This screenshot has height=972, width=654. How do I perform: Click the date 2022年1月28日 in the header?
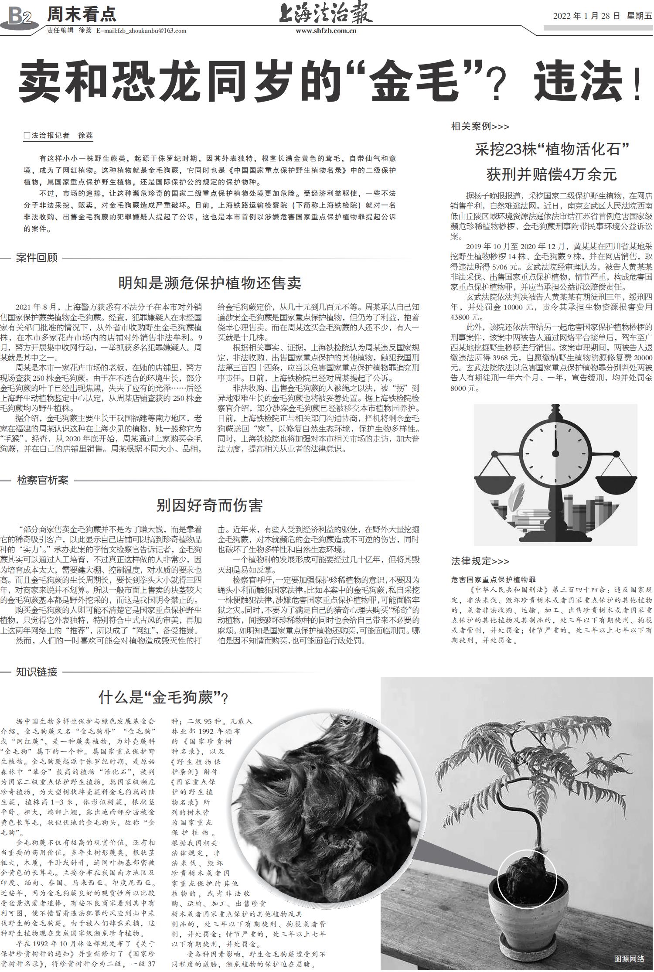(586, 16)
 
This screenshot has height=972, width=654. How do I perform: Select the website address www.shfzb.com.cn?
(326, 31)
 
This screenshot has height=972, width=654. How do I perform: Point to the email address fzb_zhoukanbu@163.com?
(141, 31)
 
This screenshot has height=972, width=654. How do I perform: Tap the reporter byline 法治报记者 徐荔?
(58, 136)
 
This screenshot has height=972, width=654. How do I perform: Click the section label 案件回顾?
(37, 258)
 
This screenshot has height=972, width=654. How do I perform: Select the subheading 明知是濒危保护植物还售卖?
(210, 283)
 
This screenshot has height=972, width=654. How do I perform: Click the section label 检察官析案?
(42, 481)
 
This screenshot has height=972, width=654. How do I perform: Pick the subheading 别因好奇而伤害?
(210, 505)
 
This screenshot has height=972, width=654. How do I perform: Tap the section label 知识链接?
(37, 672)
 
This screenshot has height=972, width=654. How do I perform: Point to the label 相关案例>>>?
(480, 126)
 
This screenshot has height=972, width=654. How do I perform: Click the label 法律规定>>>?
(480, 561)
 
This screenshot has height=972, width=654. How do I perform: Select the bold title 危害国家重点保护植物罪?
(493, 580)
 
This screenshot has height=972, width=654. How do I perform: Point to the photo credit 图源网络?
(628, 958)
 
